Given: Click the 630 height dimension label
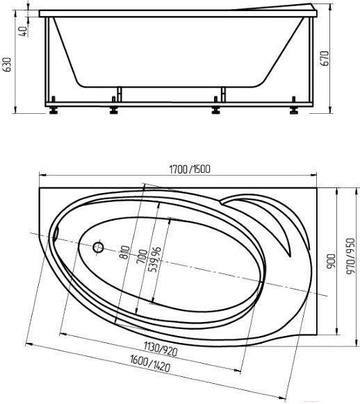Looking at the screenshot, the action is (x=8, y=65).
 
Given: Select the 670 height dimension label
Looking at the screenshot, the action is (x=326, y=58).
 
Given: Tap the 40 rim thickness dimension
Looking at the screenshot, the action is (x=23, y=31).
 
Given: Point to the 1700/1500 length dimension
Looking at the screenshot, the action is (x=190, y=169).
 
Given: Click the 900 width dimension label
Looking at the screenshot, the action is (x=332, y=262).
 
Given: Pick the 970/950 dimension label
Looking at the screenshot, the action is (x=351, y=256).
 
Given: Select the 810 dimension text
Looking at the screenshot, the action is (x=125, y=252).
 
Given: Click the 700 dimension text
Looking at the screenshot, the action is (x=142, y=257).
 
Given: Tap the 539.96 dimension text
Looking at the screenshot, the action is (x=155, y=260).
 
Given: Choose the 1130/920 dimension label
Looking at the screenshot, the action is (x=161, y=348).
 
